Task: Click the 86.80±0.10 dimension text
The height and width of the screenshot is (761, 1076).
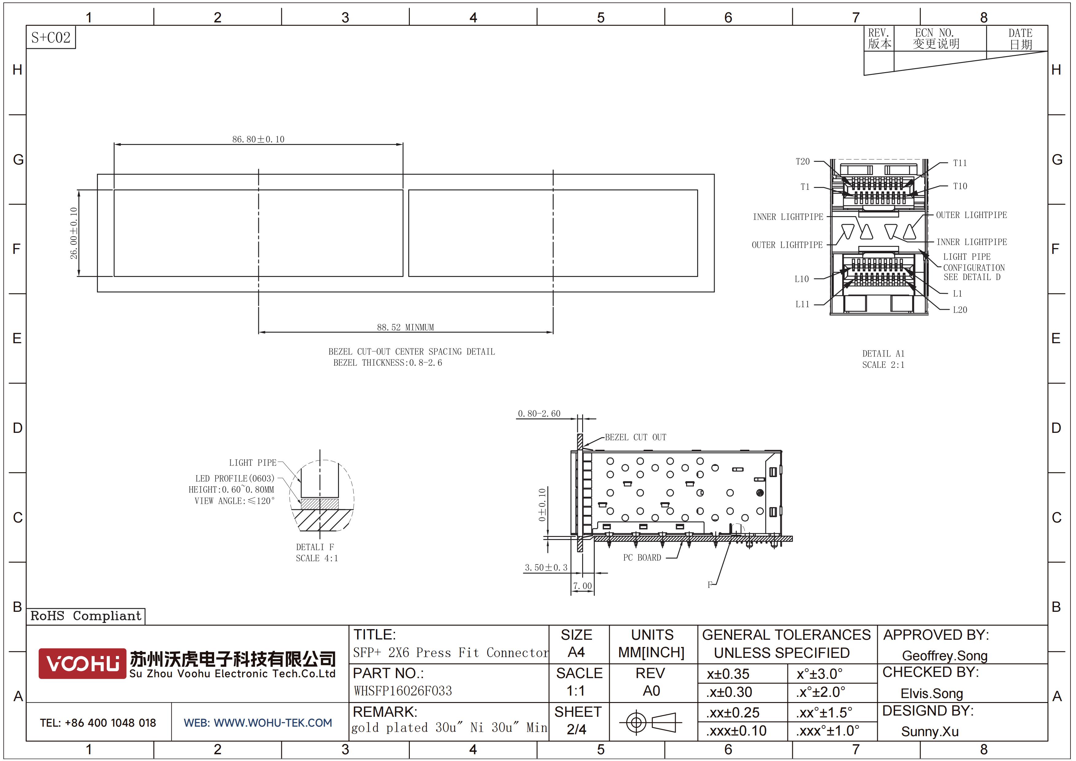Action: tap(258, 139)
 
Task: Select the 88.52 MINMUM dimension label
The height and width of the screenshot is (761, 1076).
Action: tap(405, 327)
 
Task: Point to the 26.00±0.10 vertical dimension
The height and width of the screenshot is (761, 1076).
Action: tap(74, 233)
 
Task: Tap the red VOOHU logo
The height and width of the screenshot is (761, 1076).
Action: tap(82, 663)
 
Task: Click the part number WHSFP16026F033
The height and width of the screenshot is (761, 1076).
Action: tap(402, 691)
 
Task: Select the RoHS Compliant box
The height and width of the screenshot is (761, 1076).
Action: tap(86, 616)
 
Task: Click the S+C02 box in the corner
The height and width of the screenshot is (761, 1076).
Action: tap(51, 37)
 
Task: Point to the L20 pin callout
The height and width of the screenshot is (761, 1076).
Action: tap(960, 310)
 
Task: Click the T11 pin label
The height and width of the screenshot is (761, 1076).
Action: tap(960, 163)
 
